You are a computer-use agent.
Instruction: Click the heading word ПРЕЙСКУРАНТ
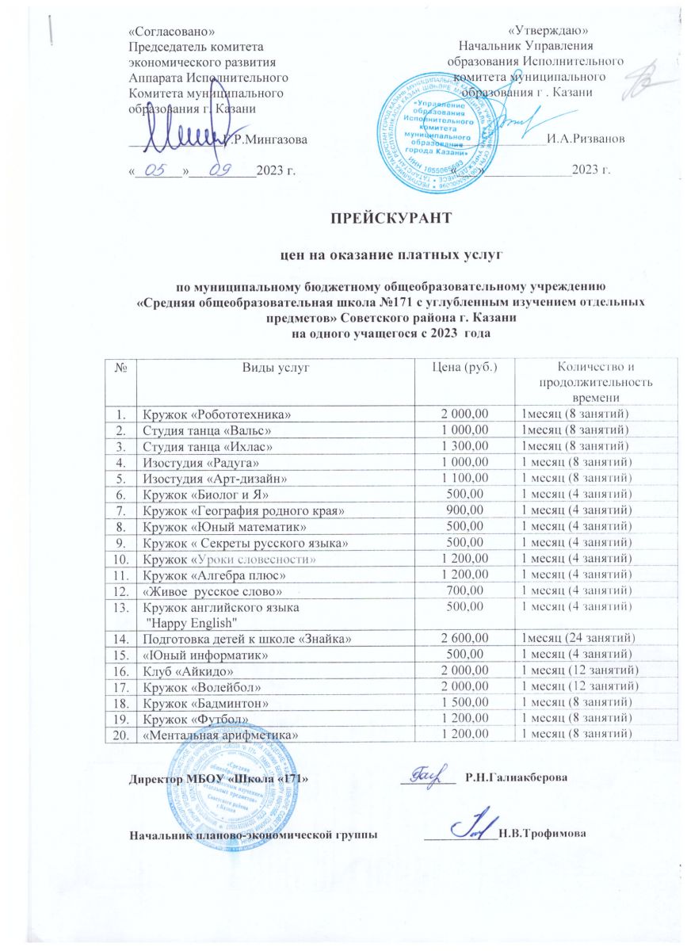coord(391,216)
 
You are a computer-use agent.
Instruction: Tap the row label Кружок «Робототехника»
coord(209,414)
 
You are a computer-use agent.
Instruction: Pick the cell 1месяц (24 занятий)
coord(577,637)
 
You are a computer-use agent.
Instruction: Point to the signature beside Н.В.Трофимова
coord(473,827)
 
